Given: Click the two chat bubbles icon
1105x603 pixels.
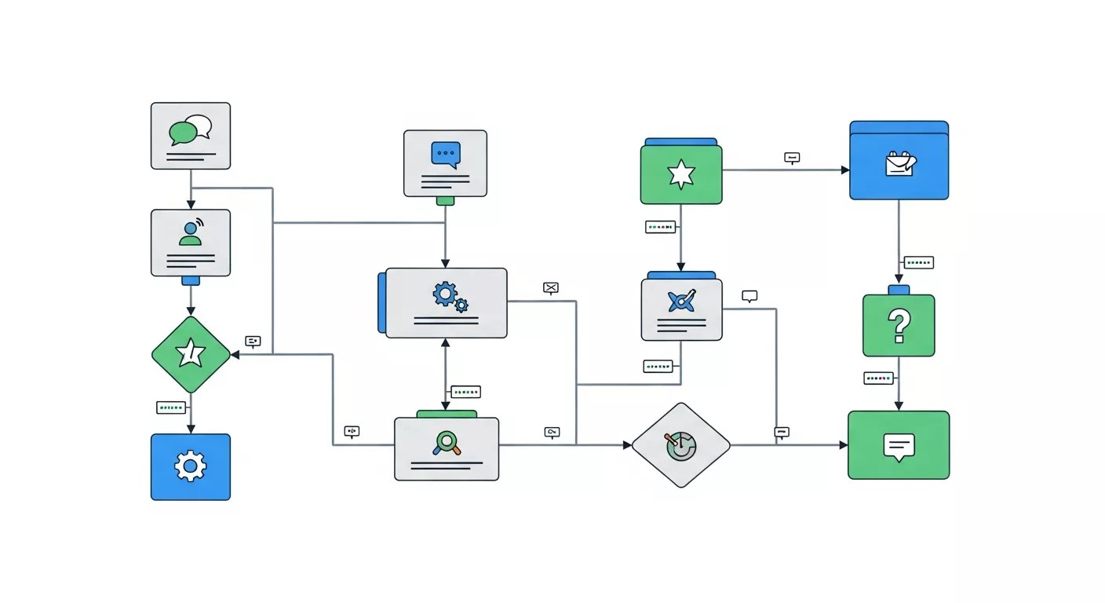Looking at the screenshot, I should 191,130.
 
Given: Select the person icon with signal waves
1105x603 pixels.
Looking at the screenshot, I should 191,232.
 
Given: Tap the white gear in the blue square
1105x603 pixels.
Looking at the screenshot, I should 190,466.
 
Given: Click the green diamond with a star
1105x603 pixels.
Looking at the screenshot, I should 191,355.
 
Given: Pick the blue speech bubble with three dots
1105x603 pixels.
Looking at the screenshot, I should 445,155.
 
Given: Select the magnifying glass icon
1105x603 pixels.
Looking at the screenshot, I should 446,443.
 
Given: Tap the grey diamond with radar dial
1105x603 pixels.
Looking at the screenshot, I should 680,445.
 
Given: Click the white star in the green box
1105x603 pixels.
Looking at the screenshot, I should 680,174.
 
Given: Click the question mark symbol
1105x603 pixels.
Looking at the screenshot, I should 898,325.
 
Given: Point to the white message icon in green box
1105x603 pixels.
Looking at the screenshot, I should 899,445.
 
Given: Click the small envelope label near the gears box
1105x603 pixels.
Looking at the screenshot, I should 551,288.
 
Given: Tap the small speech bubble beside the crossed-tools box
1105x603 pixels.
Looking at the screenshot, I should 749,296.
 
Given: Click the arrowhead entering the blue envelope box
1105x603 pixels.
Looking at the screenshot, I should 845,170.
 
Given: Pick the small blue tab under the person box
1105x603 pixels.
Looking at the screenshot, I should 191,280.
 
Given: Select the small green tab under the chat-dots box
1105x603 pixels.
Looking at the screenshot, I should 445,201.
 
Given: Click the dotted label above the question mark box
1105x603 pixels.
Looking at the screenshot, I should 918,262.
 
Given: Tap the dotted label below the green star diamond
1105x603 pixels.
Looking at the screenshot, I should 171,407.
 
